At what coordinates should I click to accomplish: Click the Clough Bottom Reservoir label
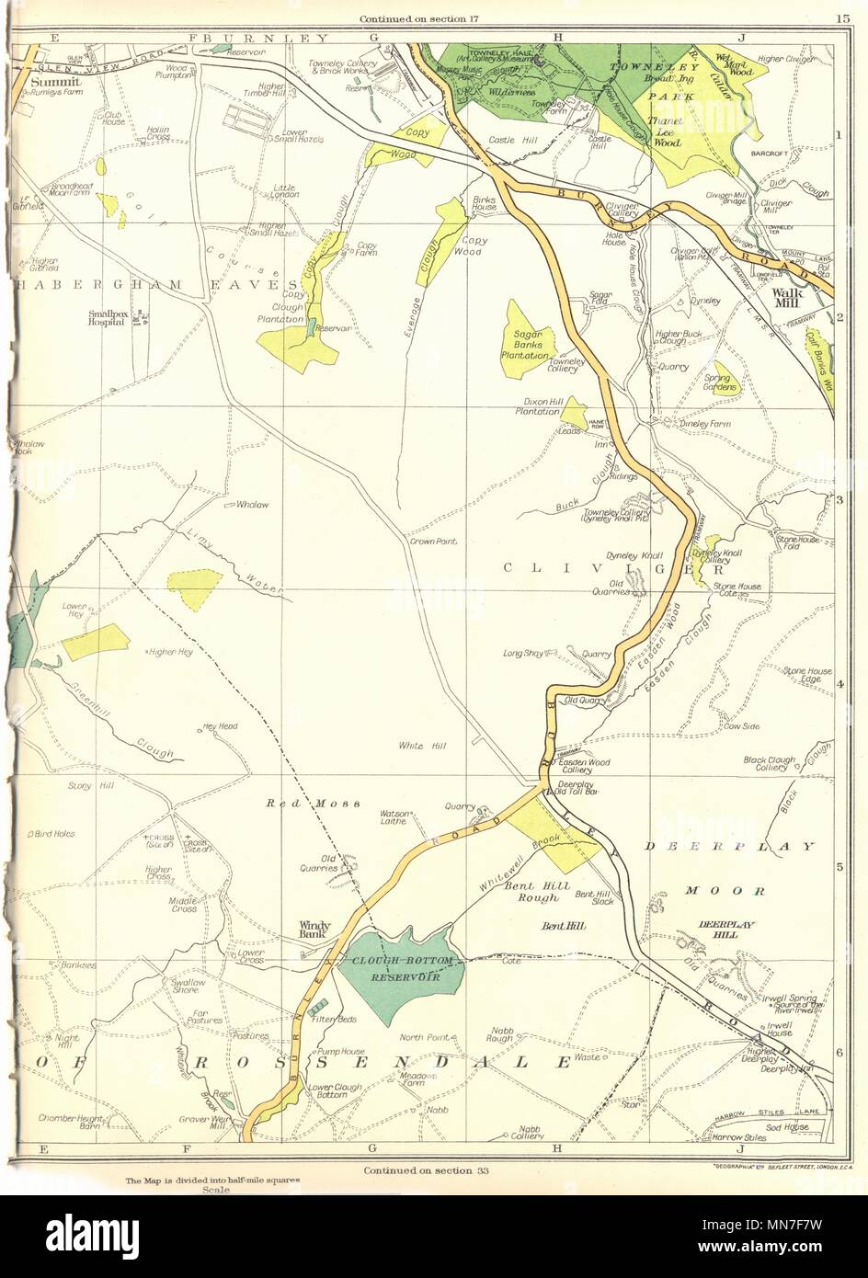tap(396, 968)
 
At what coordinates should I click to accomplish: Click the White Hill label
tap(423, 746)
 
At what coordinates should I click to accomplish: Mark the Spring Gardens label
tap(720, 382)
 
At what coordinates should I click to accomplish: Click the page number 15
tap(842, 17)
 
